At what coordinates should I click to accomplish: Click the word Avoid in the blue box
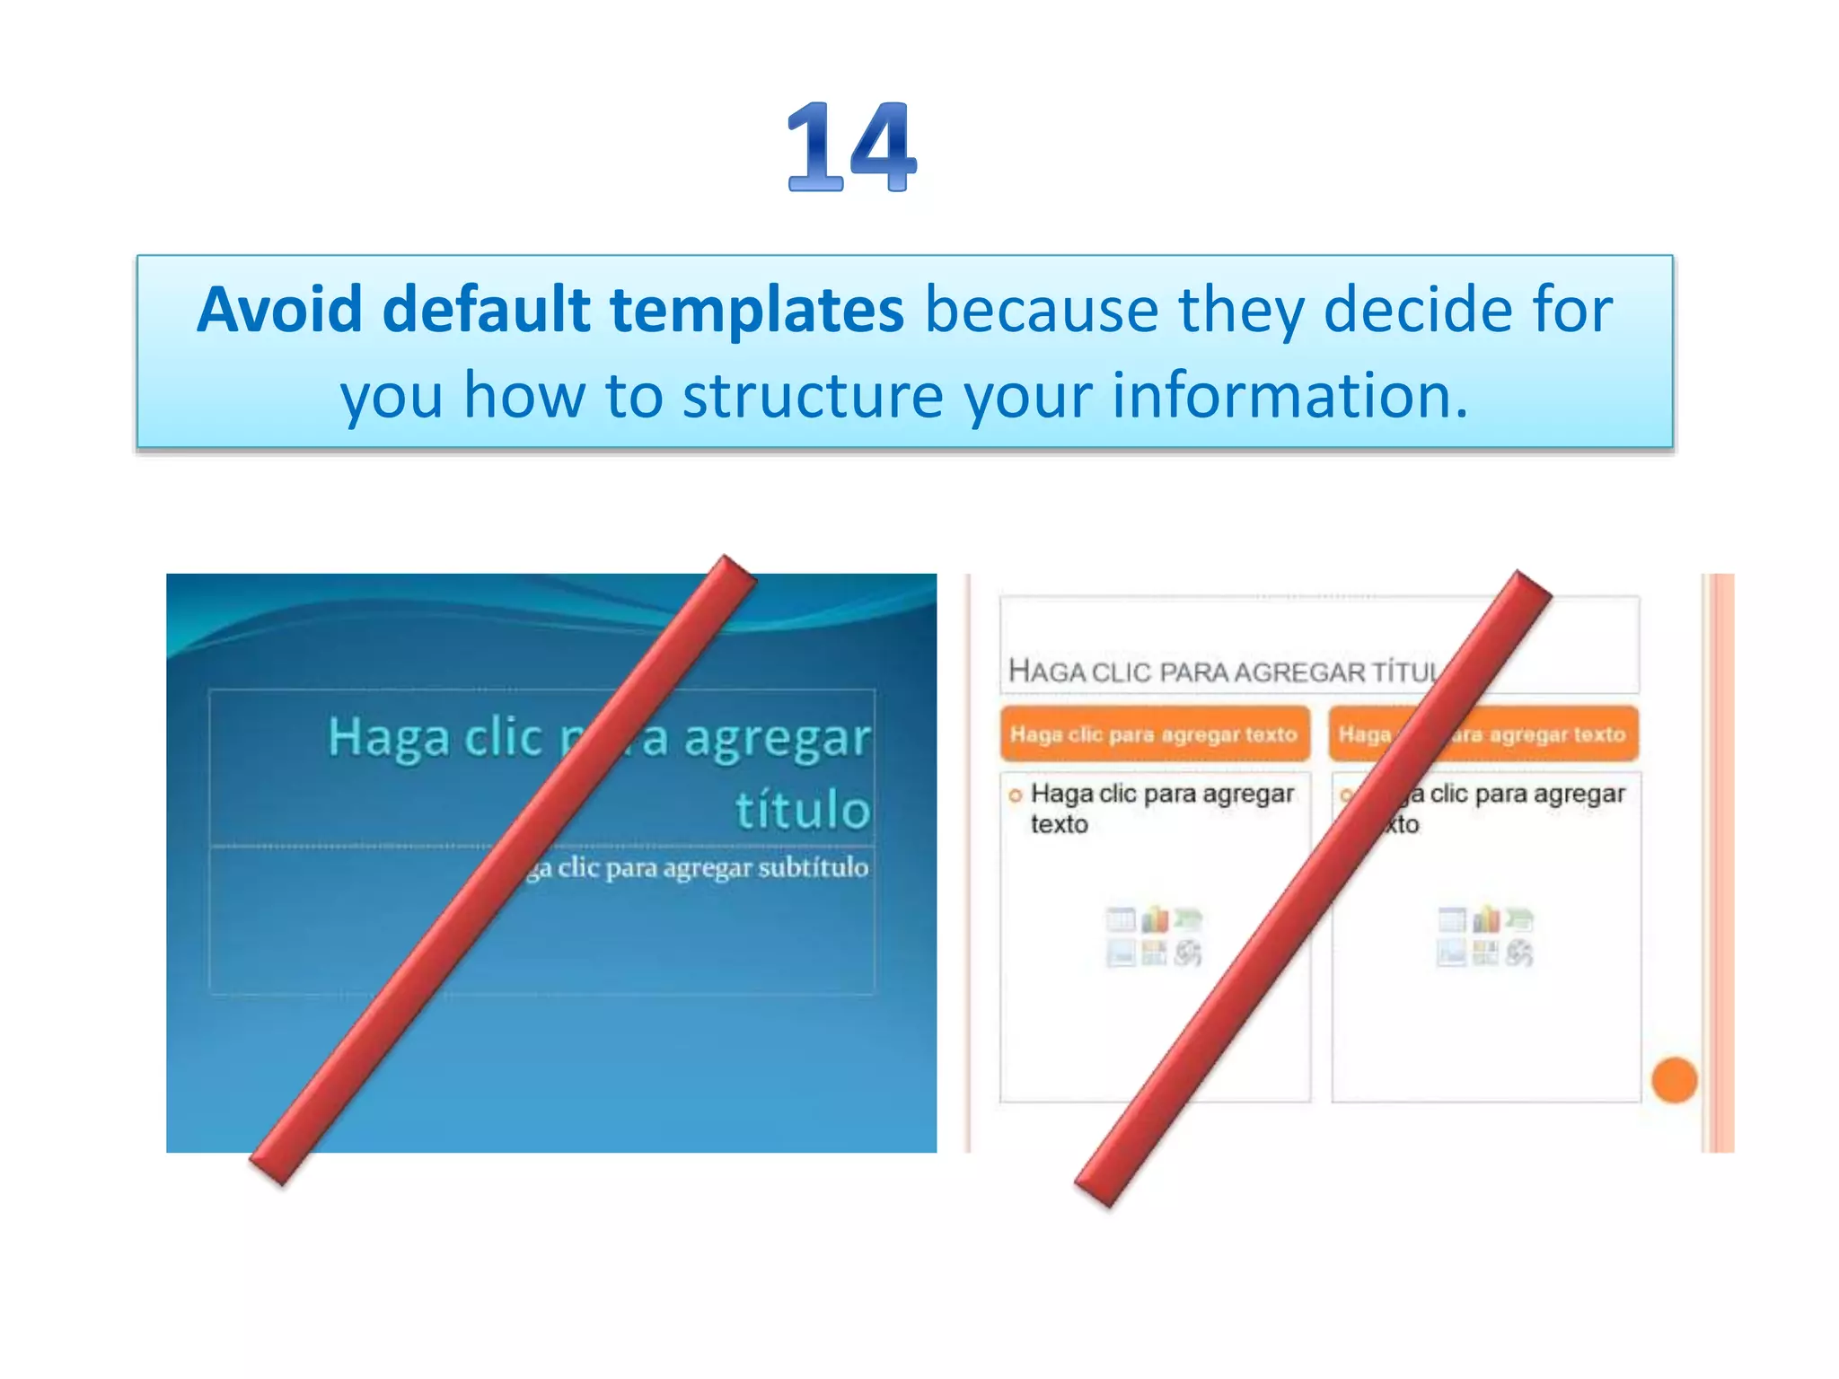pos(279,310)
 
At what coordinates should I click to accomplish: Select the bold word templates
pos(757,310)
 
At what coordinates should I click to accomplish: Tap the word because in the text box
pos(1042,310)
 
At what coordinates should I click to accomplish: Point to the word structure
pos(813,396)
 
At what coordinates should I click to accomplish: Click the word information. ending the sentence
pos(1289,396)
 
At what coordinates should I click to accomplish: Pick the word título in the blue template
pos(803,809)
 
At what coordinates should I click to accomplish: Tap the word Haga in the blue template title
pos(389,738)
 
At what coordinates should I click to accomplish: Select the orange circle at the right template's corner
pos(1674,1079)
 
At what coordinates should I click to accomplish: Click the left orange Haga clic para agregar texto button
pos(1154,734)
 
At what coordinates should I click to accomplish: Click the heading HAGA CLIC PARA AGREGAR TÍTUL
pos(1221,672)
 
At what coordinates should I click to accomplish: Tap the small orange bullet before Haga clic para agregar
pos(1016,795)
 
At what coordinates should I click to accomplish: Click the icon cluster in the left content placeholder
pos(1154,936)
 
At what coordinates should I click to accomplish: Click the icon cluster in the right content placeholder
pos(1485,936)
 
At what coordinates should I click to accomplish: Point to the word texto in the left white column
pos(1059,824)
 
